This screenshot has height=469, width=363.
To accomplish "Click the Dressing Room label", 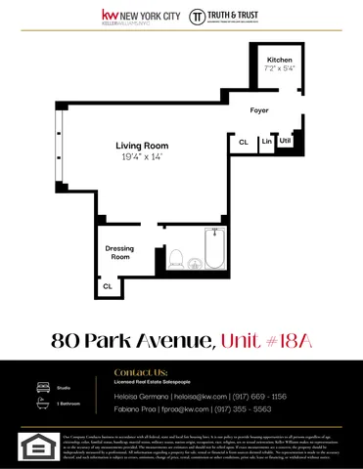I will pos(119,252).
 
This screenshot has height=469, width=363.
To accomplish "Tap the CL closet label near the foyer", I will pos(242,143).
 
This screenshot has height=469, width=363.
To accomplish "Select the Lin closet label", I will pos(266,143).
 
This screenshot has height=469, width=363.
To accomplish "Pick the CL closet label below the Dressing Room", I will pos(107,286).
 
